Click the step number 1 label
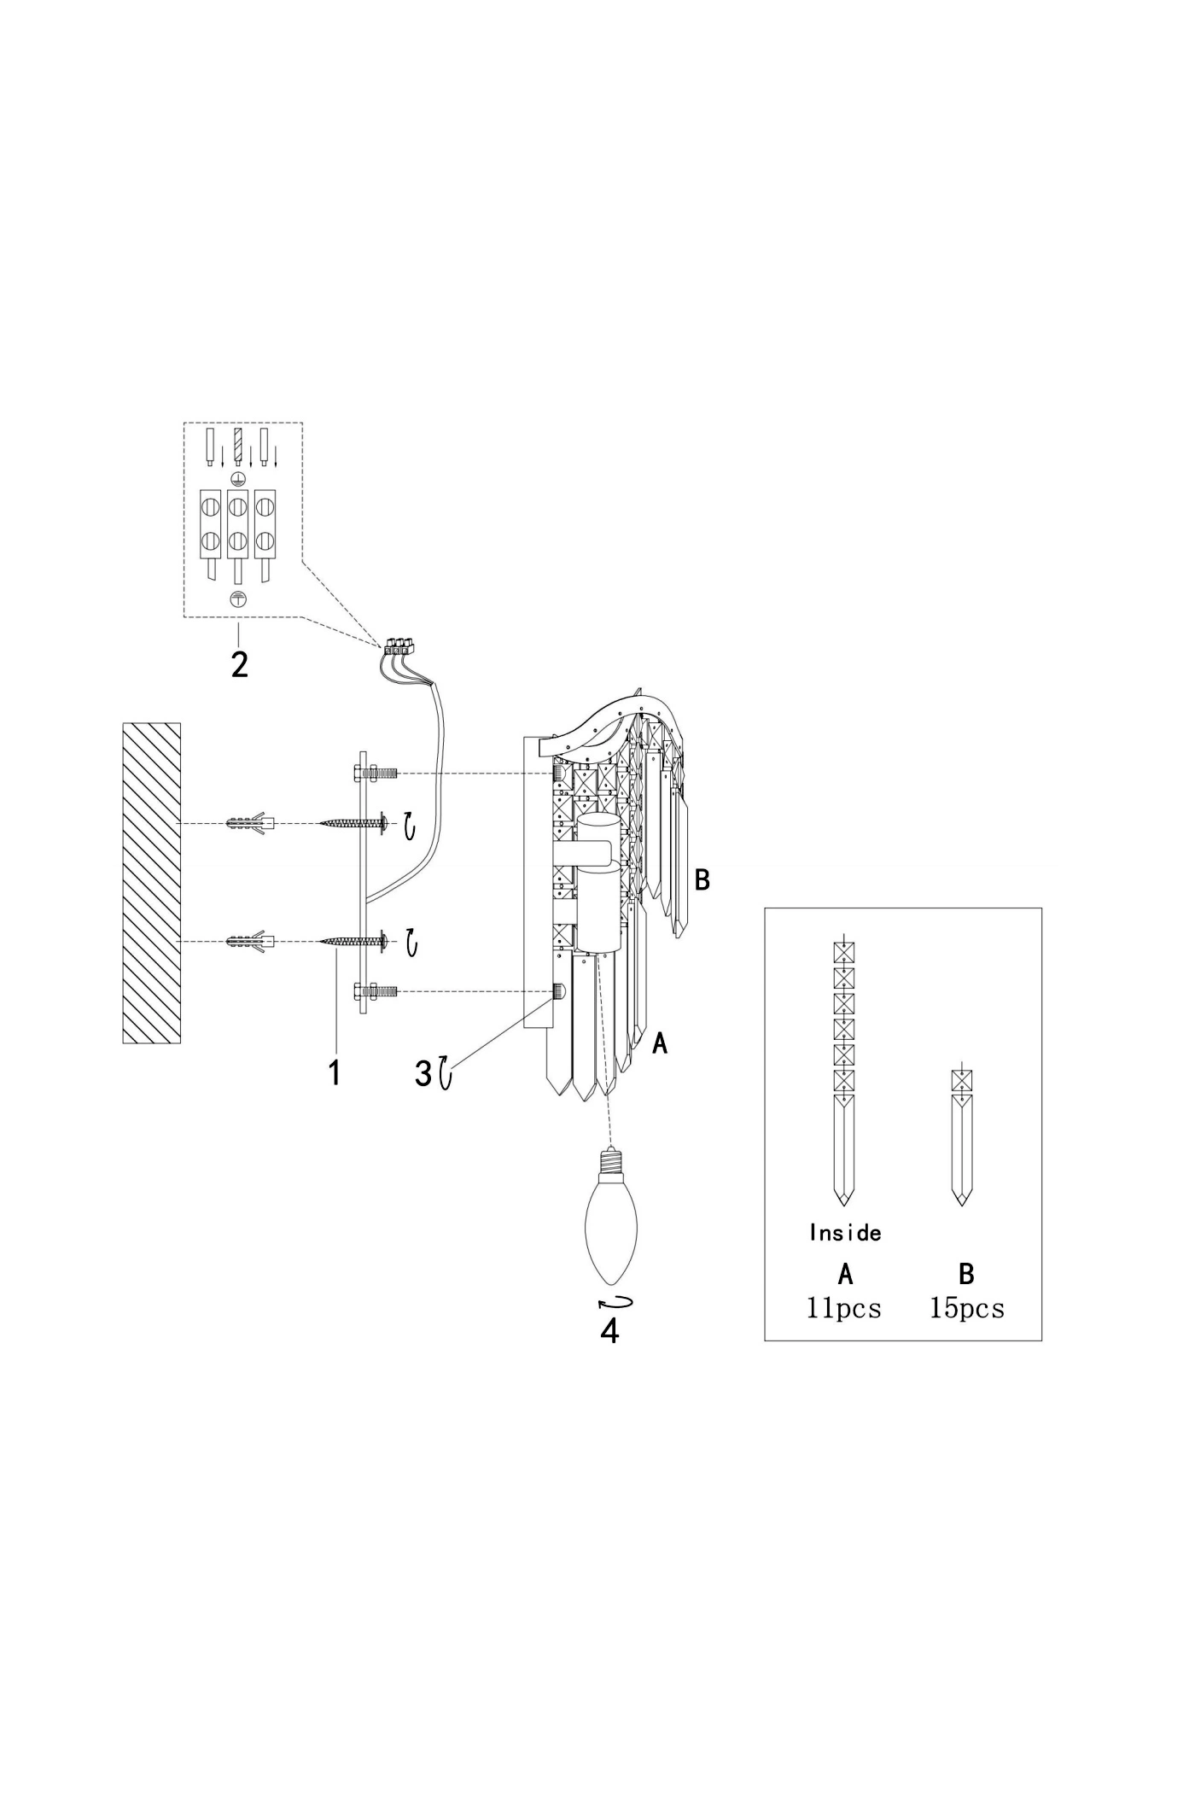(x=335, y=1072)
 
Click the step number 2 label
(x=240, y=664)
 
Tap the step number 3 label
(x=423, y=1073)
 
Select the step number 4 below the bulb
(x=610, y=1331)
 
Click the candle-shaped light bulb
(x=610, y=1218)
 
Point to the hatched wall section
(x=152, y=883)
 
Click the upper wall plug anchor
(x=250, y=824)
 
